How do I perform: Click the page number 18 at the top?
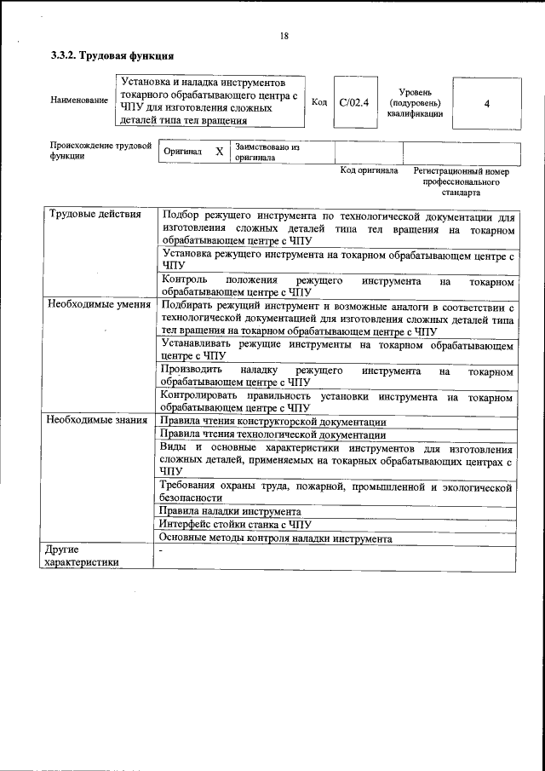click(284, 36)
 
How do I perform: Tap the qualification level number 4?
click(486, 103)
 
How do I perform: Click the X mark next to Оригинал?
click(219, 151)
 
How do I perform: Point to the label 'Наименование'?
click(79, 101)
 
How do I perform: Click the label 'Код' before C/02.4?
click(319, 103)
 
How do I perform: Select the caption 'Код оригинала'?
click(369, 170)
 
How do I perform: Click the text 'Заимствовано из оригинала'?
click(267, 152)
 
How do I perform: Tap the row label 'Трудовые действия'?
click(95, 214)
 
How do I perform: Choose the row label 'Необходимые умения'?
click(99, 304)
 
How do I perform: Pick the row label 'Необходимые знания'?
click(99, 421)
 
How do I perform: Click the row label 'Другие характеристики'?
click(83, 555)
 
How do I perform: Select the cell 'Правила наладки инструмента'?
click(232, 511)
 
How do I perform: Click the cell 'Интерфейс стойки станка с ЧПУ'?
click(237, 525)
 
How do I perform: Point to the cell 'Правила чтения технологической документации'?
click(272, 434)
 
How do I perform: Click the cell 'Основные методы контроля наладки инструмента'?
click(276, 538)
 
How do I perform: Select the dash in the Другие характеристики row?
click(161, 550)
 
